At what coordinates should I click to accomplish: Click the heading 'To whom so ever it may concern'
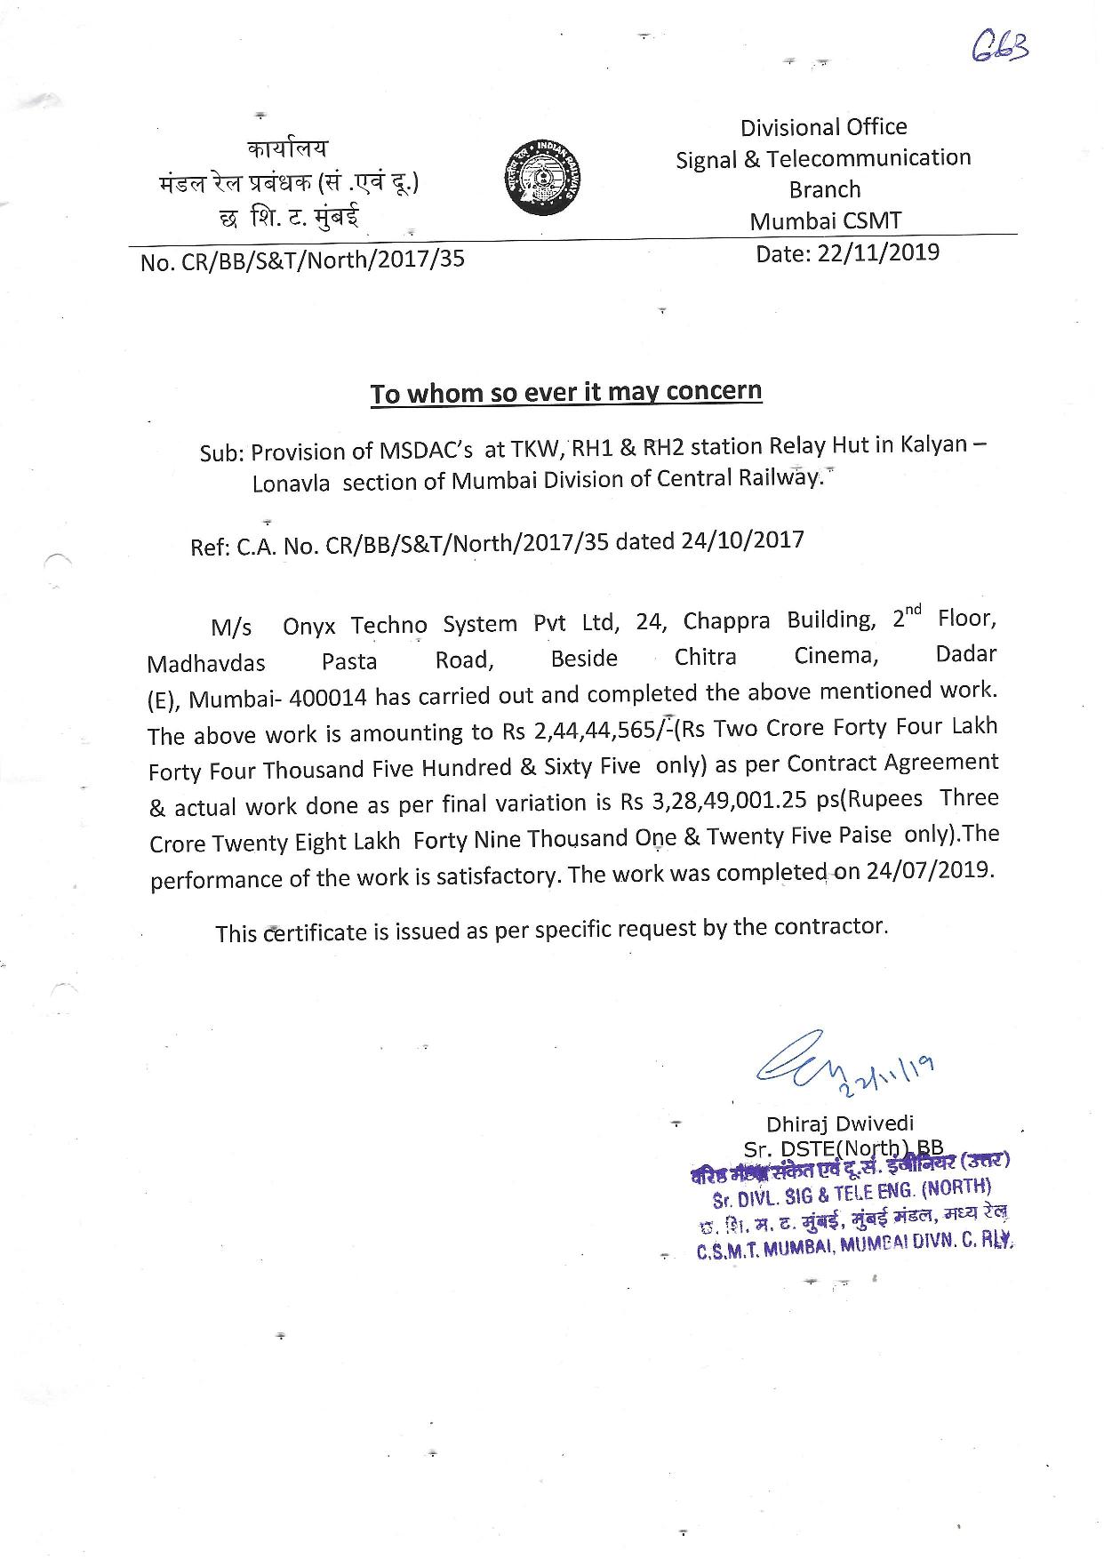565,392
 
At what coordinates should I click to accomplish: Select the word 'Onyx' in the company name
309,626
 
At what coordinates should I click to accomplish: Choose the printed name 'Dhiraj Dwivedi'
840,1123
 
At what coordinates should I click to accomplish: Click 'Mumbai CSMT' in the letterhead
826,220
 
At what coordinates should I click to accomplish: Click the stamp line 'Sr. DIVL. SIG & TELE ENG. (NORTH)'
852,1192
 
